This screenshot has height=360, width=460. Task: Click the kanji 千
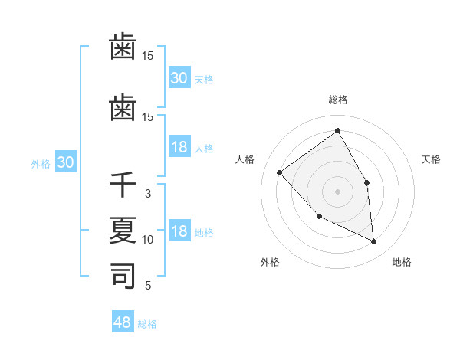123,185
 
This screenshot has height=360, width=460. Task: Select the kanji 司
123,276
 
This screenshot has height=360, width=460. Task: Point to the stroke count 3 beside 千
148,194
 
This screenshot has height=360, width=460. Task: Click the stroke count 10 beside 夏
148,240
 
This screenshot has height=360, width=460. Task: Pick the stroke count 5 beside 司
148,286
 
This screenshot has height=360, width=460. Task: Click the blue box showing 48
123,322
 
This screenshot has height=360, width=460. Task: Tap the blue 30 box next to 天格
179,78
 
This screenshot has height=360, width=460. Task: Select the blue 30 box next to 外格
65,162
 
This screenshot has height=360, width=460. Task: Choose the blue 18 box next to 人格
179,147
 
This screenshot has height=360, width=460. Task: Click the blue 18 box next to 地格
179,231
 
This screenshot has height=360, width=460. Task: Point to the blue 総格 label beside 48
147,324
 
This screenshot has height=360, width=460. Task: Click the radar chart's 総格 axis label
337,100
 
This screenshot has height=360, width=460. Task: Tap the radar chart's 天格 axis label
431,159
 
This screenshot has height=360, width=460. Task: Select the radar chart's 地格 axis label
402,263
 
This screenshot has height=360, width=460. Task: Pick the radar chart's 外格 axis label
270,263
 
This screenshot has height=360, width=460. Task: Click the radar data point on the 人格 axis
280,172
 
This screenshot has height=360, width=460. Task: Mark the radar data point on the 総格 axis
337,130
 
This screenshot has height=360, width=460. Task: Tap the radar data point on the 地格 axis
374,242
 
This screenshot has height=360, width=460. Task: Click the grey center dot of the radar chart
337,191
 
